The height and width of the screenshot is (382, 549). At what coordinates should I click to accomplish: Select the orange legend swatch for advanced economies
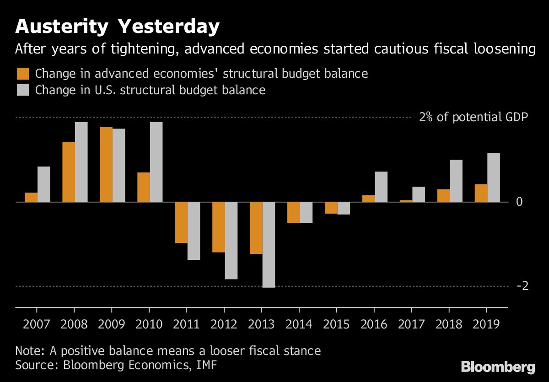pyautogui.click(x=23, y=74)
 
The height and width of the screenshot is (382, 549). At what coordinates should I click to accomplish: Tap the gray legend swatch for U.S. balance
pyautogui.click(x=23, y=90)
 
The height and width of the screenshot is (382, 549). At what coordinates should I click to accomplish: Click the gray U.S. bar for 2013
pyautogui.click(x=269, y=245)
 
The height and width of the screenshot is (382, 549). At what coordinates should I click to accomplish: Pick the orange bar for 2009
pyautogui.click(x=106, y=165)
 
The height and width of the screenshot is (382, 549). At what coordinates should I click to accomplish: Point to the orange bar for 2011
pyautogui.click(x=181, y=222)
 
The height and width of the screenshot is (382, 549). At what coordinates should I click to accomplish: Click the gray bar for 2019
pyautogui.click(x=494, y=178)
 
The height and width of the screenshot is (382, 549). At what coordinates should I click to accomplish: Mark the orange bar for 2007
pyautogui.click(x=31, y=197)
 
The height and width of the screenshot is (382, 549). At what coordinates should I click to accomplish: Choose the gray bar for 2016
pyautogui.click(x=381, y=187)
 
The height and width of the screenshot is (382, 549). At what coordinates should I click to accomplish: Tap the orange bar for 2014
pyautogui.click(x=294, y=212)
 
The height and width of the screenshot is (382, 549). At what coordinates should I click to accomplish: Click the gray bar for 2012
pyautogui.click(x=231, y=241)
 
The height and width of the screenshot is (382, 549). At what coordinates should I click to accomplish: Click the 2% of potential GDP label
pyautogui.click(x=474, y=117)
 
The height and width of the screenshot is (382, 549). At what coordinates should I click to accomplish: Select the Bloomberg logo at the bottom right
pyautogui.click(x=498, y=367)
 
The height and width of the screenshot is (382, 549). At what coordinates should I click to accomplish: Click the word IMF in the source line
pyautogui.click(x=208, y=365)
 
